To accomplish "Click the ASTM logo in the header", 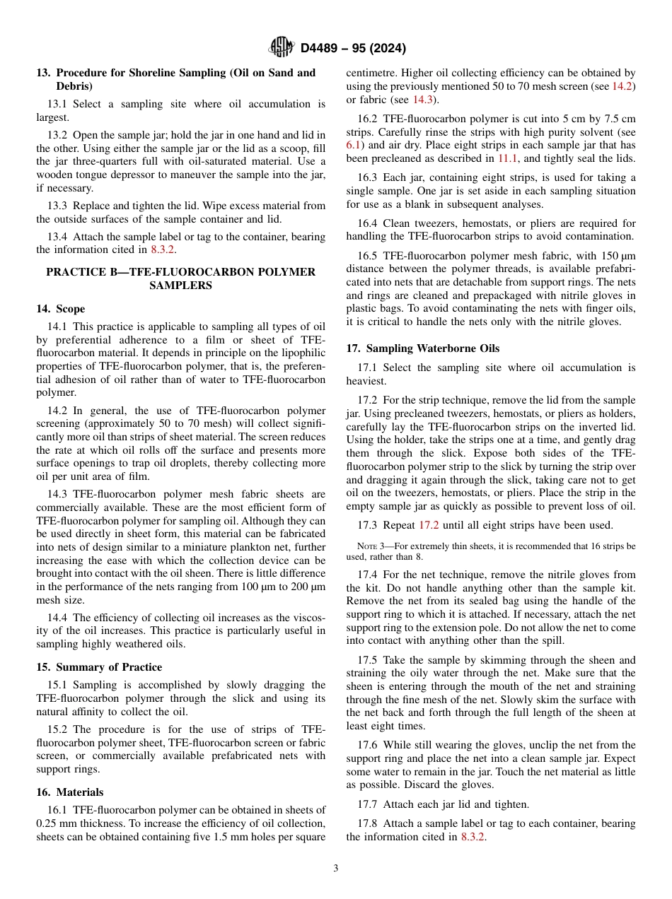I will (x=282, y=48).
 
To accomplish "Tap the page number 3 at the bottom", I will (x=335, y=868).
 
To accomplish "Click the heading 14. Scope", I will (x=61, y=309).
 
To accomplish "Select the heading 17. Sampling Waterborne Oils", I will (x=422, y=348).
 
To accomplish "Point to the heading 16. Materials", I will (x=69, y=792).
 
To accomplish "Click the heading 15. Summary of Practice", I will (x=99, y=667).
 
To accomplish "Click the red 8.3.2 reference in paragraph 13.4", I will (x=163, y=250).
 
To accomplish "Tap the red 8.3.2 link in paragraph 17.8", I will (x=473, y=837).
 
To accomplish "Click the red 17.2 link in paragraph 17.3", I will (x=429, y=525).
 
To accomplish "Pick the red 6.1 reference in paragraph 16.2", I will (x=354, y=146).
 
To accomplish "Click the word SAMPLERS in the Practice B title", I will (x=180, y=286).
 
